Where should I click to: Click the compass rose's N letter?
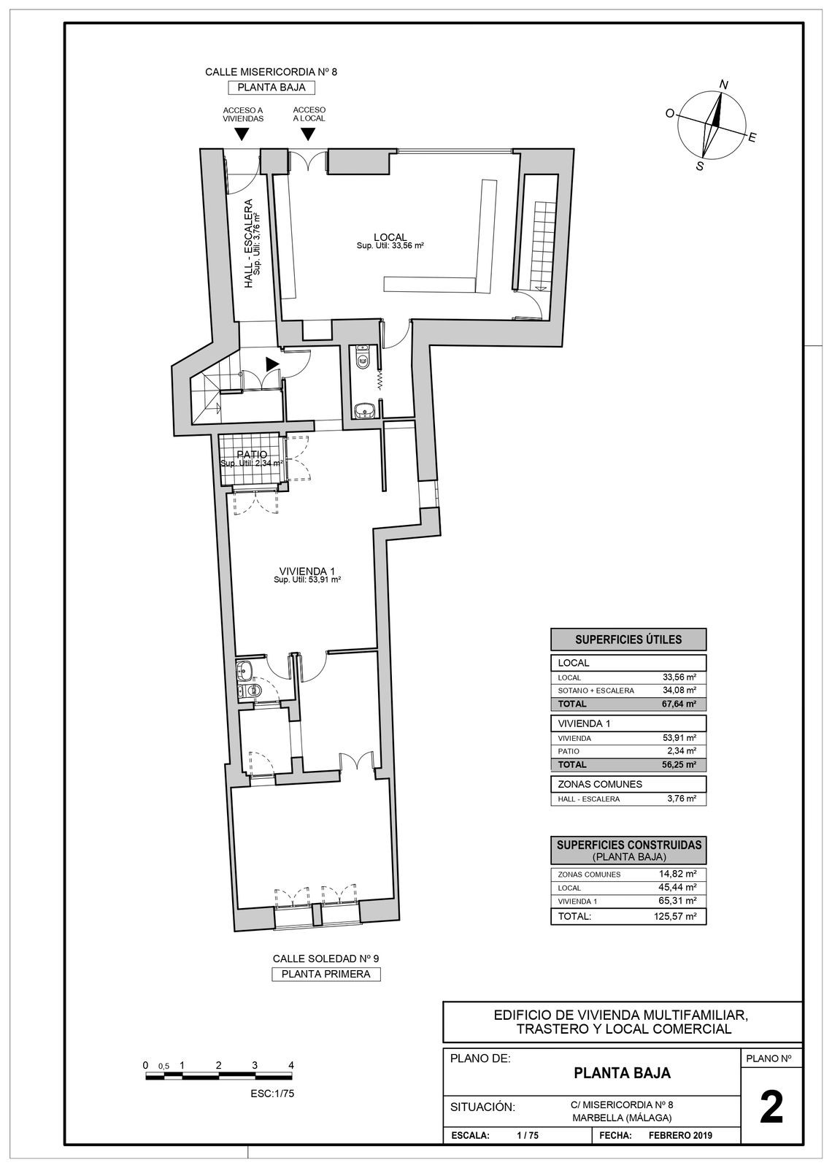pyautogui.click(x=723, y=85)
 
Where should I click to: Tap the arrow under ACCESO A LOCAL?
pyautogui.click(x=308, y=134)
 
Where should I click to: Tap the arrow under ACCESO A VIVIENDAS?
pyautogui.click(x=242, y=134)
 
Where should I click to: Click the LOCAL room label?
pyautogui.click(x=390, y=237)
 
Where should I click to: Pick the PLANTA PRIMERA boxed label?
pyautogui.click(x=326, y=974)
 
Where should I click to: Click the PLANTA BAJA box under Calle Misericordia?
pyautogui.click(x=271, y=88)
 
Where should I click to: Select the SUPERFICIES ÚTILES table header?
pyautogui.click(x=628, y=639)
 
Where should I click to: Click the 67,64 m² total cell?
pyautogui.click(x=679, y=704)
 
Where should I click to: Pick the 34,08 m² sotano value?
pyautogui.click(x=679, y=690)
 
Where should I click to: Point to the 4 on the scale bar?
pyautogui.click(x=291, y=1065)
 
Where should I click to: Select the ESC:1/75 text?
pyautogui.click(x=271, y=1094)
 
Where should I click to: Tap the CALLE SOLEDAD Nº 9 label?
pyautogui.click(x=326, y=958)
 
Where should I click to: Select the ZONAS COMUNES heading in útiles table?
pyautogui.click(x=590, y=784)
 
